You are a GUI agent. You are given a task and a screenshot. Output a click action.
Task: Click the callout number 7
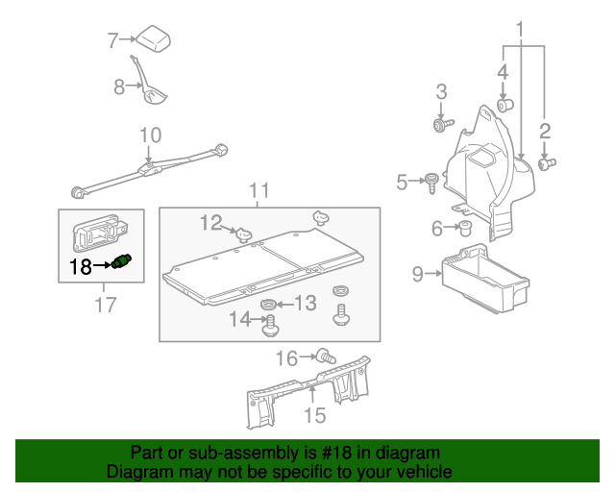pos(112,40)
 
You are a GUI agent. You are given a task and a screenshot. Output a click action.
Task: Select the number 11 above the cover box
pos(260,189)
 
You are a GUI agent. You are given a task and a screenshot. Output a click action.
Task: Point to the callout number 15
pos(315,415)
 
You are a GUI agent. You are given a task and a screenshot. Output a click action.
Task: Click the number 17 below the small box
pos(105,305)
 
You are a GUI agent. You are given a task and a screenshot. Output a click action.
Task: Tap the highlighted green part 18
pos(121,262)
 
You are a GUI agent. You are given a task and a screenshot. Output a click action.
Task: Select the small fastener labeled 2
pos(545,164)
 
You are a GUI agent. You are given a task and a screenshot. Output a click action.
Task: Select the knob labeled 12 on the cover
pos(244,232)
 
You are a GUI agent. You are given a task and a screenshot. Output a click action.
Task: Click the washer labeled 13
pos(269,306)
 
